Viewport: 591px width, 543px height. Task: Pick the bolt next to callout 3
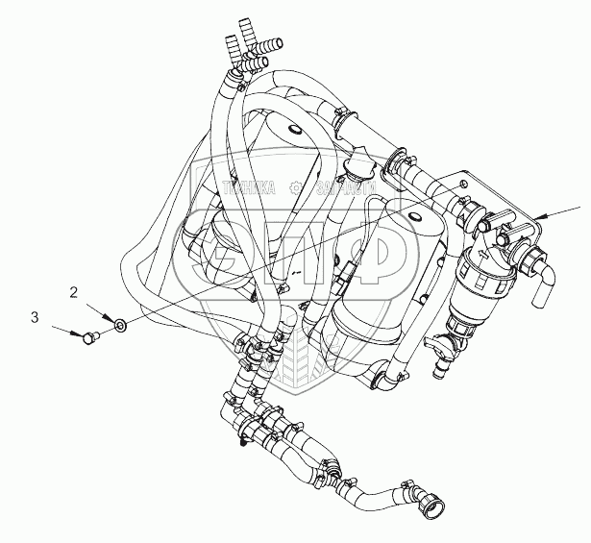click(90, 337)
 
